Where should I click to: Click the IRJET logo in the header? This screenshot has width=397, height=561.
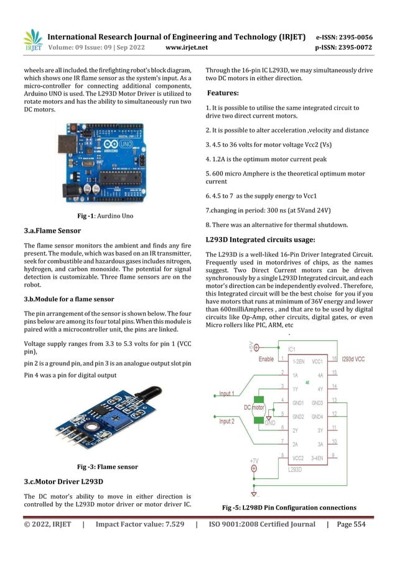pos(32,41)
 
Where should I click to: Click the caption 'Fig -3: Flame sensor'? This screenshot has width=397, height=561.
pos(107,466)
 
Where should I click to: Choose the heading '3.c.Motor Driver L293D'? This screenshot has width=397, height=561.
pos(63,481)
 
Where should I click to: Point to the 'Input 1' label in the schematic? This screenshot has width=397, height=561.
pos(226,394)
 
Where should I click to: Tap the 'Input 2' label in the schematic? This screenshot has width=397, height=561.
pos(226,422)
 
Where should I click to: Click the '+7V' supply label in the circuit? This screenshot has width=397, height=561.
pos(254,461)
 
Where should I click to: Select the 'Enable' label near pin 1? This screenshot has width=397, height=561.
pos(266,359)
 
